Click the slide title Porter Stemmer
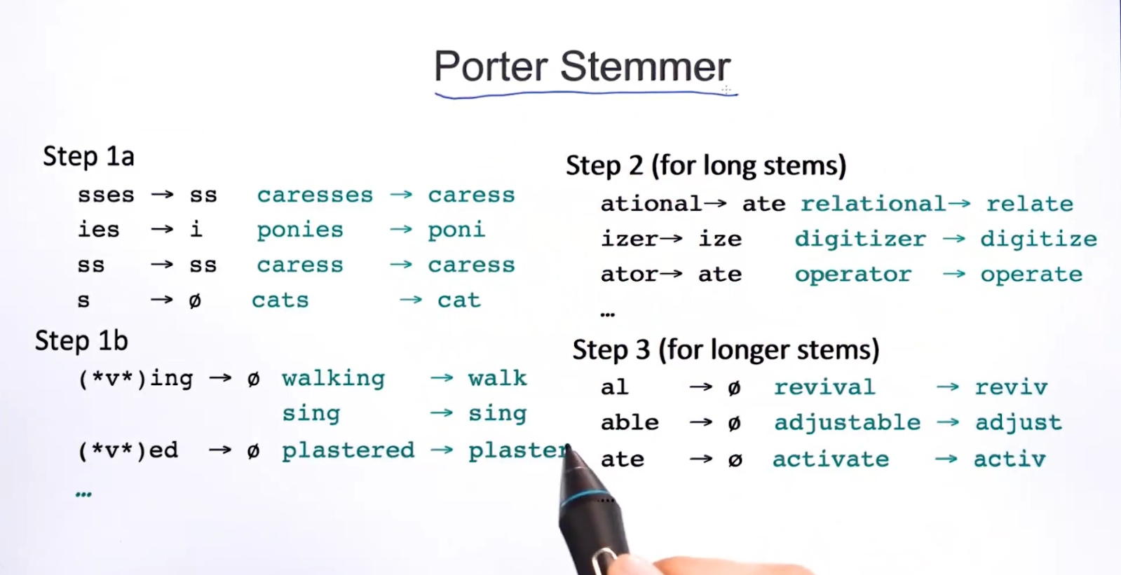(582, 66)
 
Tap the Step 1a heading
(88, 156)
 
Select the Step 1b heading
(81, 340)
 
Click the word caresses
(315, 195)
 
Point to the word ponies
(300, 230)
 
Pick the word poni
(456, 230)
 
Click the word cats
(280, 300)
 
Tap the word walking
(333, 379)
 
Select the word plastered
(348, 450)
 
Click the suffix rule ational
(651, 204)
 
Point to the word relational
(874, 204)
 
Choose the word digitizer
(861, 240)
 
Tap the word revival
(824, 387)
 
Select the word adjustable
(848, 423)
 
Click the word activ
(1010, 459)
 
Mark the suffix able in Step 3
(630, 422)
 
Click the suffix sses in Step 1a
(106, 195)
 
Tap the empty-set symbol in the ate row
(735, 459)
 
